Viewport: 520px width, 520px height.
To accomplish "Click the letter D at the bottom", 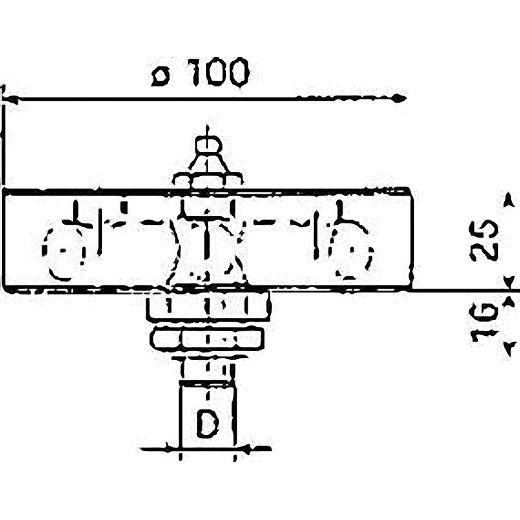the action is [x=208, y=424].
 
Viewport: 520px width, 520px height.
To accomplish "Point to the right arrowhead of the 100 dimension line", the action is [x=400, y=98].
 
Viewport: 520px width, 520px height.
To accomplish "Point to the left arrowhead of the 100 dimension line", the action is [x=10, y=99].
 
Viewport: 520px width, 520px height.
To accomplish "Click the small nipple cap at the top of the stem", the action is [x=208, y=145].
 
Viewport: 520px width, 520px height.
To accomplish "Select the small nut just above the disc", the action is [x=208, y=180].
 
